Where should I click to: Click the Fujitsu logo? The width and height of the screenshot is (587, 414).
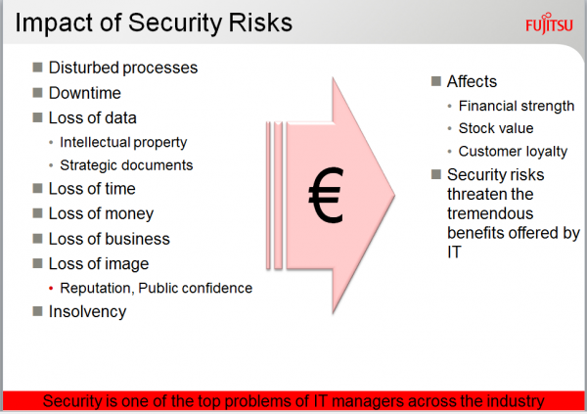549,23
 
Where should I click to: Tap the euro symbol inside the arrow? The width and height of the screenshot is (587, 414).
326,195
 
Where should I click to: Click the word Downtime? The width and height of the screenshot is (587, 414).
84,93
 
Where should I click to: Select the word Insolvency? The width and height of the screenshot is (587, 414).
88,311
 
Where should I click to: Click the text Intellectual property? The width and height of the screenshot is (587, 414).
123,142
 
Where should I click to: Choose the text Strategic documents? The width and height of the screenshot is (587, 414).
126,165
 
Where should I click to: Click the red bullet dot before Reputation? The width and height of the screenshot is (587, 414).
51,289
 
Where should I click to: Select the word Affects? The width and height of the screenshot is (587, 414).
472,81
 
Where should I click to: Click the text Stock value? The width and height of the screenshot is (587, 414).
496,128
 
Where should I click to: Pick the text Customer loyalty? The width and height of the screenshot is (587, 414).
513,152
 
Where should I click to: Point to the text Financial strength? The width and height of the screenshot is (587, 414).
517,106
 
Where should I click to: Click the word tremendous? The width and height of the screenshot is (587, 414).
490,213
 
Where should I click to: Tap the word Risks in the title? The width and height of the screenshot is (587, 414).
260,23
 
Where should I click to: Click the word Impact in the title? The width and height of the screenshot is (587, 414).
55,23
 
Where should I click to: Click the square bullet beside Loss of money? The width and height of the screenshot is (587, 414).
37,213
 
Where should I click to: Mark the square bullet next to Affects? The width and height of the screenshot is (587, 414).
436,81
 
